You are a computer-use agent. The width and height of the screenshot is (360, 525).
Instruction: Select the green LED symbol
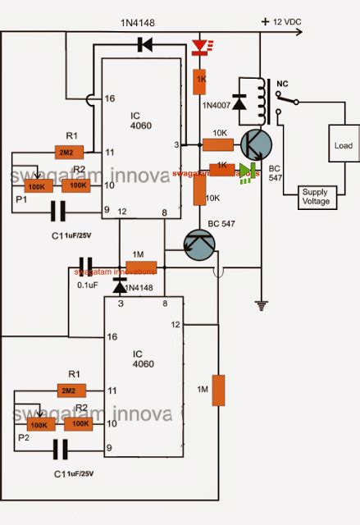coord(244,171)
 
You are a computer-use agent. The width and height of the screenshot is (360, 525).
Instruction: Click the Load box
coord(343,145)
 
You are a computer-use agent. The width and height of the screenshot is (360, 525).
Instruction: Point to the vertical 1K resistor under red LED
coord(199,80)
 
